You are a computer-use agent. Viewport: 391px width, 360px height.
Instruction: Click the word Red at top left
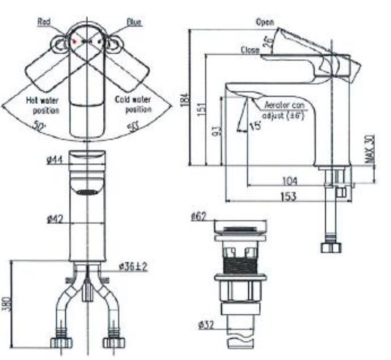point(45,23)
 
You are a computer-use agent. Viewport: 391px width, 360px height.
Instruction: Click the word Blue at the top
point(134,23)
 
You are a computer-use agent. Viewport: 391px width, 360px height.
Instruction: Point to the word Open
point(265,23)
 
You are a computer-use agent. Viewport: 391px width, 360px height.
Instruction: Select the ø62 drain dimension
point(199,217)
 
